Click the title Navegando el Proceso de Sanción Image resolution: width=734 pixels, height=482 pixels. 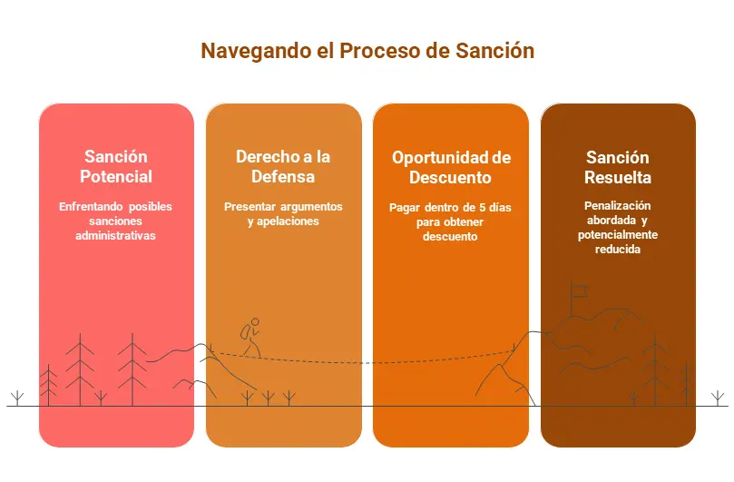[367, 51]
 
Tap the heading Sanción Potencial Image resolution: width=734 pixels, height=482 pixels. [116, 166]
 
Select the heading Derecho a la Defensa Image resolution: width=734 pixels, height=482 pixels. [283, 166]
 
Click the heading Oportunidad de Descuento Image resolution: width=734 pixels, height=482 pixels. [451, 167]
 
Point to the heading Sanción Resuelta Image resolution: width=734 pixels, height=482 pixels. [618, 167]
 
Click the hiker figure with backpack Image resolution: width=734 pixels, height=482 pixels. [250, 338]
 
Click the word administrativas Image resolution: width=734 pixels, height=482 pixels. [115, 236]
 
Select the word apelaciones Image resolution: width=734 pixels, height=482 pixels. [288, 221]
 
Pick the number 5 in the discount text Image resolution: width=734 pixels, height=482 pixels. [482, 208]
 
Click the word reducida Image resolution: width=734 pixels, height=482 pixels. [618, 250]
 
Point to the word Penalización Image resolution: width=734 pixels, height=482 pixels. [618, 206]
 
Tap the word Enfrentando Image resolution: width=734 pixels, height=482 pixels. [91, 207]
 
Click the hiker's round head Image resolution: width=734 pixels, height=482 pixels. [255, 322]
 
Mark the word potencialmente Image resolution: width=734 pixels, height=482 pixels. [618, 235]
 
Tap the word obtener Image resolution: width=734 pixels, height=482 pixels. [465, 222]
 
